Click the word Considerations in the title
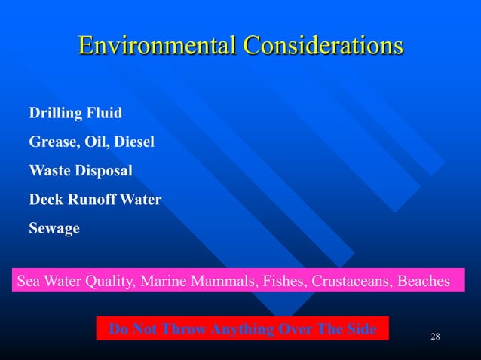pyautogui.click(x=323, y=44)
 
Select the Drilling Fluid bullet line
pyautogui.click(x=75, y=113)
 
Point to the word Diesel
pyautogui.click(x=135, y=142)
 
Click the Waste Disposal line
pyautogui.click(x=81, y=171)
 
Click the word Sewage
pyautogui.click(x=54, y=228)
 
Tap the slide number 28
pyautogui.click(x=434, y=335)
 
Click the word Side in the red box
pyautogui.click(x=360, y=328)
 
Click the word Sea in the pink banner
pyautogui.click(x=28, y=282)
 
